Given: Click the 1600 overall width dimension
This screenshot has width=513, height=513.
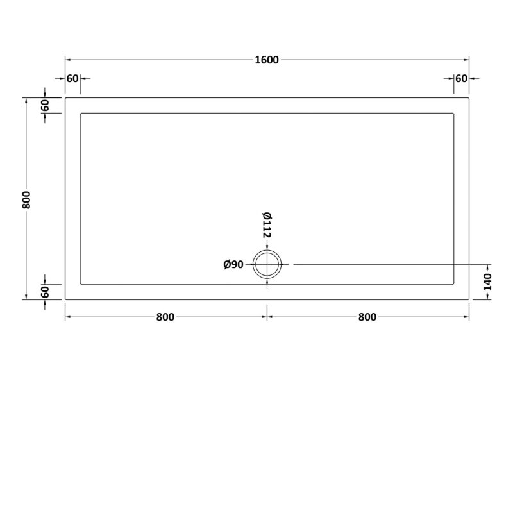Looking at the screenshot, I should tap(267, 60).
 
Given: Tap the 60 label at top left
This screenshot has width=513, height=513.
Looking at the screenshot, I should tap(72, 78).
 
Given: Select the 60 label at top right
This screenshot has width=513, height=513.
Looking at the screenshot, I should tap(461, 78).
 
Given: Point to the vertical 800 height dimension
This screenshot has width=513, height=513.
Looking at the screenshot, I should tap(26, 199).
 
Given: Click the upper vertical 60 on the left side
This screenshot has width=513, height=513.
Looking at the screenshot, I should tap(46, 106).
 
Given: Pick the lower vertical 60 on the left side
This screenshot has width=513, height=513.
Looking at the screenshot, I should tap(46, 292).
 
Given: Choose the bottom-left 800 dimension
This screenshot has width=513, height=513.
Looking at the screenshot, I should tap(165, 317).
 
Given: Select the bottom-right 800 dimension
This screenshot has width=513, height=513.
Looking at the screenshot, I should tap(367, 317).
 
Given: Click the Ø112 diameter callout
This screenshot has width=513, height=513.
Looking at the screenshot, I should tap(267, 224).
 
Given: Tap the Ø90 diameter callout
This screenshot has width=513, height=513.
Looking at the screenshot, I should tap(233, 264).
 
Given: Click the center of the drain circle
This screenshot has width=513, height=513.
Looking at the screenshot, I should tap(267, 264).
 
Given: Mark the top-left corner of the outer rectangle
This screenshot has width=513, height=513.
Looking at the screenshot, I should tap(65, 98).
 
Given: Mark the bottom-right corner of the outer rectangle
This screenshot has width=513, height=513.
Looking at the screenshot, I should tap(469, 299).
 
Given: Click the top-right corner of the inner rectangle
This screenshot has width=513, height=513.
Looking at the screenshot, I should tap(454, 114).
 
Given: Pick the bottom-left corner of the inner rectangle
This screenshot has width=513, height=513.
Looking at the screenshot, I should tap(80, 284).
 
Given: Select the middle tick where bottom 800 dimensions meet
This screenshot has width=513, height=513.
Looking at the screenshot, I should tap(267, 317).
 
